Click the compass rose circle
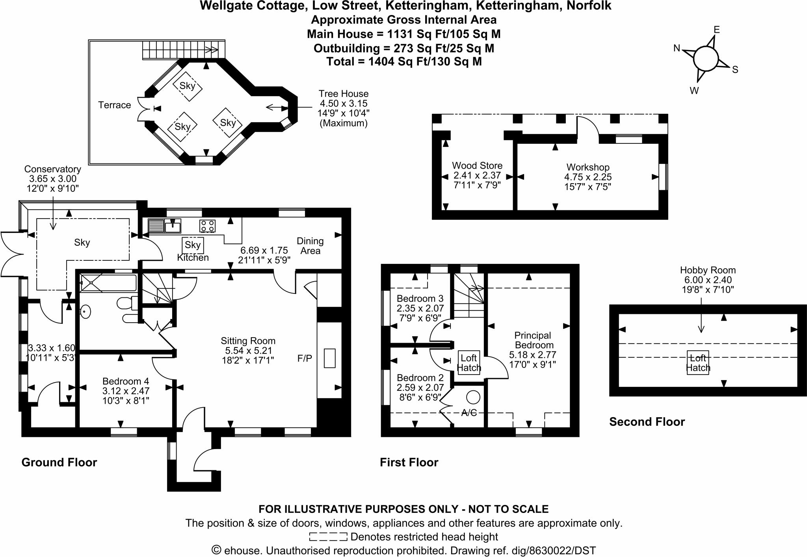click(x=706, y=59)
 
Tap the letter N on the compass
click(x=677, y=48)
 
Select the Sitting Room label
click(x=248, y=341)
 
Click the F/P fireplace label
click(x=305, y=358)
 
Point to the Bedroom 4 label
click(x=126, y=381)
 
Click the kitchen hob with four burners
click(x=207, y=226)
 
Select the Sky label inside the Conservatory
click(x=82, y=243)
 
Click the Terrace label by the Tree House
click(x=114, y=105)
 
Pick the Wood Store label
click(x=477, y=165)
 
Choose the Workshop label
click(x=588, y=167)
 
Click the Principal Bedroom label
click(x=532, y=340)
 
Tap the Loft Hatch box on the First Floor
click(x=469, y=363)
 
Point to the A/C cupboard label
click(x=469, y=413)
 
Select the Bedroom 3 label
click(x=420, y=298)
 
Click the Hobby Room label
click(x=708, y=270)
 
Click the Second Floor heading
click(x=647, y=422)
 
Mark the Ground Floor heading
click(x=59, y=462)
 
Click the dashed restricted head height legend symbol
click(x=328, y=537)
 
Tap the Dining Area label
click(x=310, y=246)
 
